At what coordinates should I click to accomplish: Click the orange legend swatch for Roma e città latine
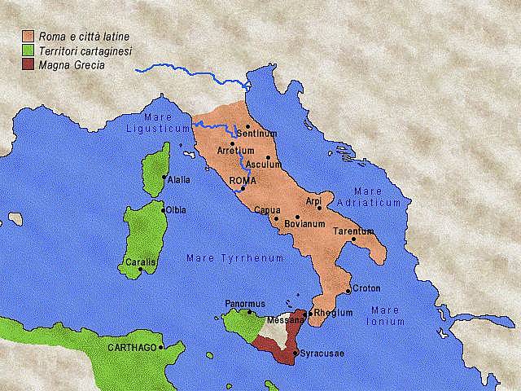click(x=28, y=36)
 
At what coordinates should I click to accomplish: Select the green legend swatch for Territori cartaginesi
click(x=28, y=51)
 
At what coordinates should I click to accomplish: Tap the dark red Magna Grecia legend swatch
click(x=28, y=65)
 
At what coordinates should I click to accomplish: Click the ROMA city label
click(x=243, y=180)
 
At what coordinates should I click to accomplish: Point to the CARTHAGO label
click(x=131, y=347)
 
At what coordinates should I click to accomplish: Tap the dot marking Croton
click(x=349, y=291)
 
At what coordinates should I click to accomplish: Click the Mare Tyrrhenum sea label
click(x=235, y=258)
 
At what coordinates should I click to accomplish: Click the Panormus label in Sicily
click(x=245, y=304)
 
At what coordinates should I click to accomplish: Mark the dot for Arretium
click(x=232, y=143)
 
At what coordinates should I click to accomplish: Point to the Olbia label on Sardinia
click(x=176, y=210)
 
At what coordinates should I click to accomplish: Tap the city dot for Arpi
click(x=319, y=208)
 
